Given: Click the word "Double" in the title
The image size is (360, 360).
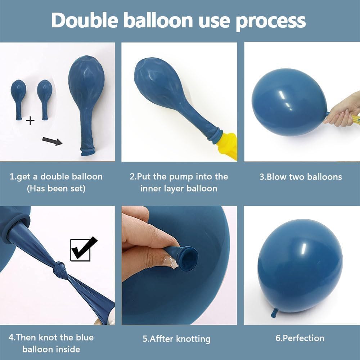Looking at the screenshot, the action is (85, 20).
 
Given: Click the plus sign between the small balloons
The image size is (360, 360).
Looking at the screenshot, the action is (30, 121).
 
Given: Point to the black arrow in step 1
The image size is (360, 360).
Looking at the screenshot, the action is (52, 141).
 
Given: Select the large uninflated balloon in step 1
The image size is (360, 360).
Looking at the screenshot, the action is (87, 105).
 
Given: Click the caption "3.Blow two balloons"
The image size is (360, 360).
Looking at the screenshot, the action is (301, 177).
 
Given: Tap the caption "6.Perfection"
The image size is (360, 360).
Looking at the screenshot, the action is (300, 338).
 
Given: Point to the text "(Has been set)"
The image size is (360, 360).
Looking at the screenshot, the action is (56, 189).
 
